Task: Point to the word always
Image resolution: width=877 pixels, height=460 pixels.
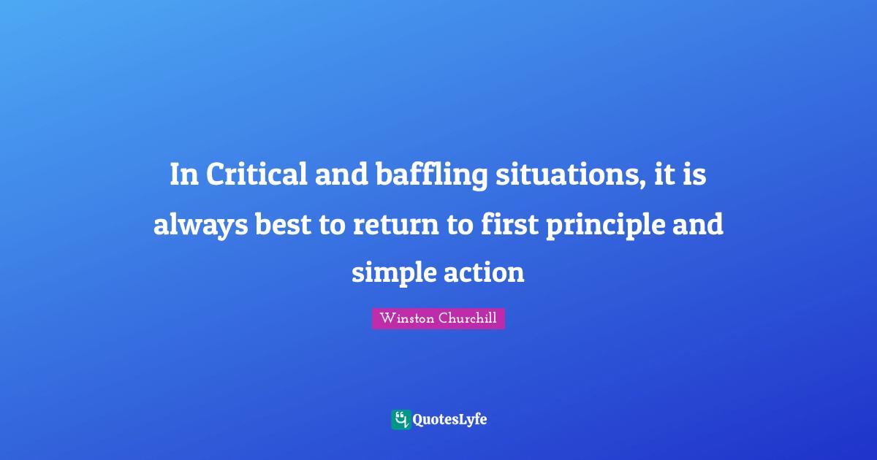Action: pos(200,225)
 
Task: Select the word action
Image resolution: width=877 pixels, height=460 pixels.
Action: pos(484,273)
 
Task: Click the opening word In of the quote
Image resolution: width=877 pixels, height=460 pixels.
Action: pos(183,176)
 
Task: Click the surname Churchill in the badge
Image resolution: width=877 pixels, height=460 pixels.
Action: pos(468,319)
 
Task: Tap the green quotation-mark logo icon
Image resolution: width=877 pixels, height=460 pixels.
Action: pos(400,419)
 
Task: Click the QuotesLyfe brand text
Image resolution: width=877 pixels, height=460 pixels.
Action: pos(449,420)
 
